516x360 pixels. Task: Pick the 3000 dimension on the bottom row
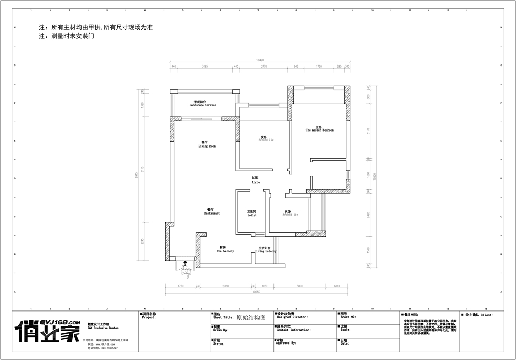pos(299,285)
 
